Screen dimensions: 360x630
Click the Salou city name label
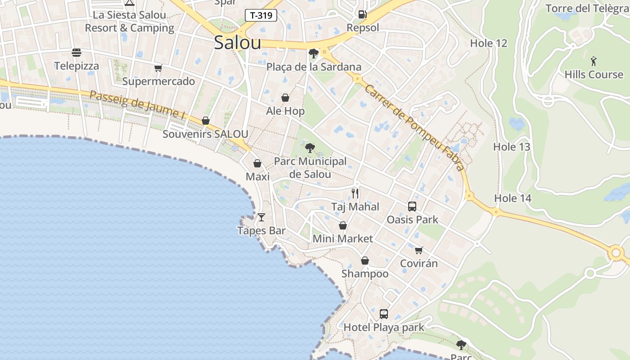pyautogui.click(x=237, y=43)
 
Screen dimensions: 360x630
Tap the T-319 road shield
pyautogui.click(x=261, y=15)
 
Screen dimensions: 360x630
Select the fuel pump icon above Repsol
pyautogui.click(x=363, y=14)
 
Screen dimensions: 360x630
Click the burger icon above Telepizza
pyautogui.click(x=76, y=53)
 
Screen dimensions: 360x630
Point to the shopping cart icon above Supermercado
pyautogui.click(x=158, y=68)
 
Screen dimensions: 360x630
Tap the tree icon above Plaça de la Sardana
pyautogui.click(x=314, y=54)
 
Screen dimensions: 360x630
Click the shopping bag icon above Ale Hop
pyautogui.click(x=285, y=98)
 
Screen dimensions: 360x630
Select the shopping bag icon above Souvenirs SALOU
pyautogui.click(x=206, y=121)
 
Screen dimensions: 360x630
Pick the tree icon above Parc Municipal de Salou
pyautogui.click(x=310, y=148)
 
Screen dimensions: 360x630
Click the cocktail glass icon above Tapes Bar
pyautogui.click(x=261, y=217)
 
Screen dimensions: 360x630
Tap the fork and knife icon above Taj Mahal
pyautogui.click(x=355, y=193)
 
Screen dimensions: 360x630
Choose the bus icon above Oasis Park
pyautogui.click(x=412, y=207)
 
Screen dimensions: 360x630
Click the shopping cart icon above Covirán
pyautogui.click(x=419, y=250)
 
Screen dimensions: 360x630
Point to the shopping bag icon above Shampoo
pyautogui.click(x=365, y=261)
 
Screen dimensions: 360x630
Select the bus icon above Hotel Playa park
pyautogui.click(x=384, y=314)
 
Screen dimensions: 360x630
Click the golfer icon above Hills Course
pyautogui.click(x=594, y=61)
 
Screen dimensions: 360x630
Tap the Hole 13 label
pyautogui.click(x=512, y=147)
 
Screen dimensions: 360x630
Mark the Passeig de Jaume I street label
pyautogui.click(x=138, y=105)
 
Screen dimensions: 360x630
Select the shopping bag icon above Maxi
pyautogui.click(x=257, y=163)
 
